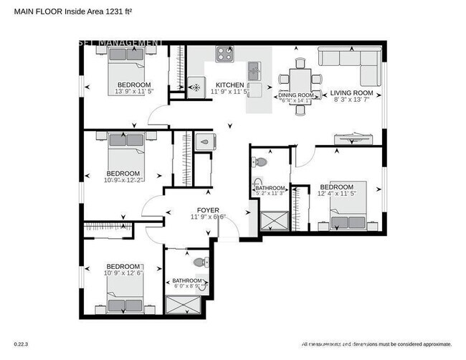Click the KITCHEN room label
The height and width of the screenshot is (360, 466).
click(229, 85)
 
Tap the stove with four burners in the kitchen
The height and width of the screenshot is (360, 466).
click(224, 55)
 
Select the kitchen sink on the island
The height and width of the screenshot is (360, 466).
click(254, 72)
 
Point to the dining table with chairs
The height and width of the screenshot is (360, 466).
click(295, 76)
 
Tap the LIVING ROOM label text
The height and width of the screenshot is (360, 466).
click(351, 93)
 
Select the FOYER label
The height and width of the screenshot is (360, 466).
click(208, 210)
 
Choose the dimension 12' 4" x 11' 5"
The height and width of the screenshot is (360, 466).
click(338, 193)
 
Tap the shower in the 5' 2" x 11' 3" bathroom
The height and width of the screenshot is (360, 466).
click(272, 219)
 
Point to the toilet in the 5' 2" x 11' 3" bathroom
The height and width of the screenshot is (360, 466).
click(260, 163)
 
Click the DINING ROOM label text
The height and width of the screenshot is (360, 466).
click(295, 95)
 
